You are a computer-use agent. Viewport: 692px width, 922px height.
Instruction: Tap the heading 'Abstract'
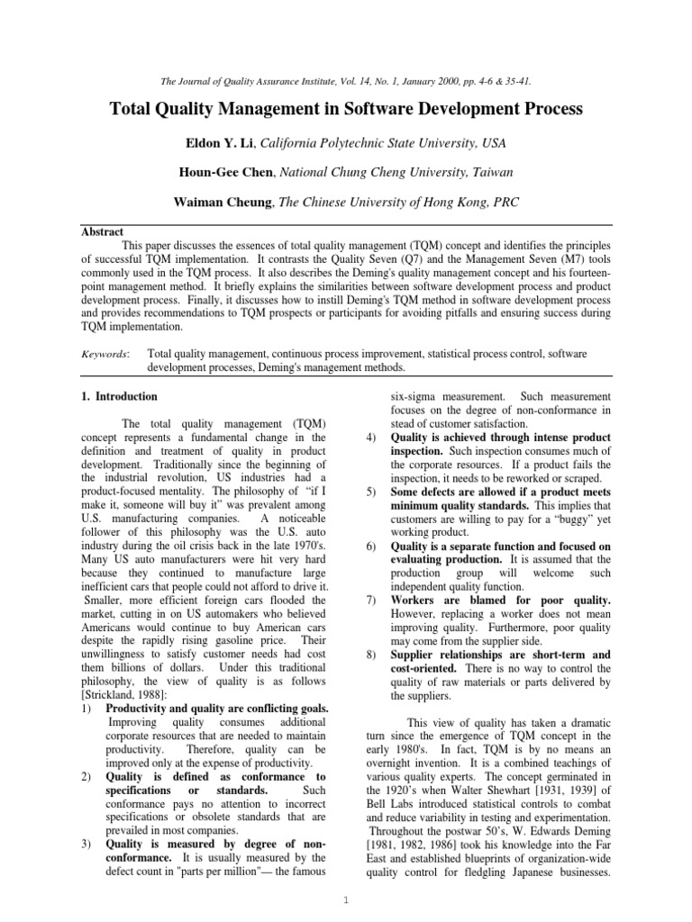click(102, 231)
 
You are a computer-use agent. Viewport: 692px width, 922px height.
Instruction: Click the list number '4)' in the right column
click(371, 437)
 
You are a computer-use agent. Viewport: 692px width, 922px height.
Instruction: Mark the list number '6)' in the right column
click(371, 546)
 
